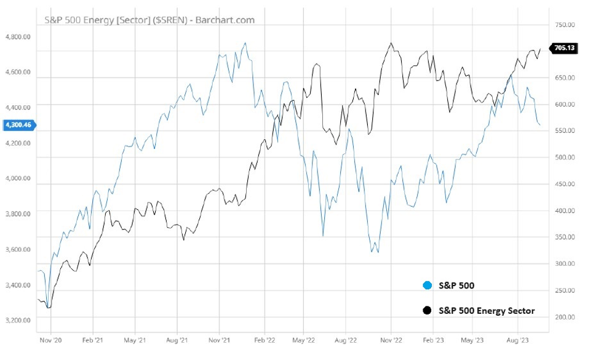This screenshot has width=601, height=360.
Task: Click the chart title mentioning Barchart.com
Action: click(149, 20)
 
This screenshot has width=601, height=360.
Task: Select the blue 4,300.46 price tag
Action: click(19, 125)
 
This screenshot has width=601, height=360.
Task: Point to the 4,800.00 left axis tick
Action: click(18, 36)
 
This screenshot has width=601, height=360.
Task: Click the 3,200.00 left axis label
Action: click(18, 320)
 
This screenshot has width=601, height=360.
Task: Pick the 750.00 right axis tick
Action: click(563, 25)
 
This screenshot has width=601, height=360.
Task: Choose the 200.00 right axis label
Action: click(563, 316)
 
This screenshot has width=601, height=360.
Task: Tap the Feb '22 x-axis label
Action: click(264, 339)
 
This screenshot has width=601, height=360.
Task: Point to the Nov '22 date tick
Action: click(391, 339)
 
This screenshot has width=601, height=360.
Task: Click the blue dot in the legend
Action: click(428, 286)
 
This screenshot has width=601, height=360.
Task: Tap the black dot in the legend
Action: click(428, 311)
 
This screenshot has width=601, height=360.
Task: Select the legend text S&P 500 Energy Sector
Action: click(487, 311)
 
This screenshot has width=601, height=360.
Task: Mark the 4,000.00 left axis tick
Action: click(18, 178)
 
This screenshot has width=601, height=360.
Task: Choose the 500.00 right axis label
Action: click(563, 157)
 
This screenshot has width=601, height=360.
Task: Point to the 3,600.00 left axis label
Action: click(18, 249)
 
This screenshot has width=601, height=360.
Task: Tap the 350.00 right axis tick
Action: click(563, 236)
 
